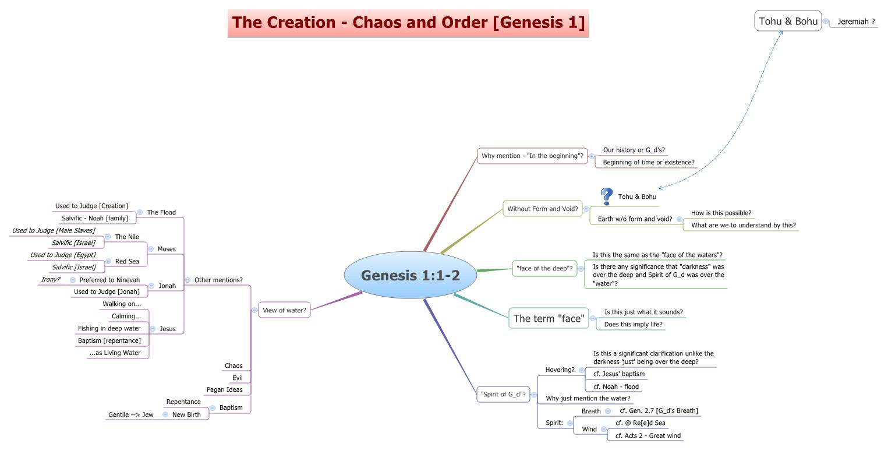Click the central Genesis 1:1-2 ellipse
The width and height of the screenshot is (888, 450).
coord(410,275)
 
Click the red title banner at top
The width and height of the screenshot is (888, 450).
coord(408,23)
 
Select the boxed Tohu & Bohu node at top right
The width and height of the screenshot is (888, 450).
coord(788,22)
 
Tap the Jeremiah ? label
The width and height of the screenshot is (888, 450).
coord(855,22)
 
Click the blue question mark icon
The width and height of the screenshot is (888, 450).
coord(607,196)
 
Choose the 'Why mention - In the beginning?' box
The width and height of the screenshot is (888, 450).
coord(532,156)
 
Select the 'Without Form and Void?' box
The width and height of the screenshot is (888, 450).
coord(542,209)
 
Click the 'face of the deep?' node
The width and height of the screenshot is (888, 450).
coord(544,269)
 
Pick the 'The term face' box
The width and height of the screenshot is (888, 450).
coord(549,318)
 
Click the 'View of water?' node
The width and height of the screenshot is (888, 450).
coord(284,310)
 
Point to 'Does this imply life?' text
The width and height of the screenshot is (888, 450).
coord(633,324)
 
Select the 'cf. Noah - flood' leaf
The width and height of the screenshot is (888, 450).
coord(616,386)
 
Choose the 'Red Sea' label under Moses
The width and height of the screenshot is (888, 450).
coord(127,261)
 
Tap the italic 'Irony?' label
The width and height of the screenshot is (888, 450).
coord(51,279)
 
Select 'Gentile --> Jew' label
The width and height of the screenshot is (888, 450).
coord(131,414)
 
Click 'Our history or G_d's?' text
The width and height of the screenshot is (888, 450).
coord(634,150)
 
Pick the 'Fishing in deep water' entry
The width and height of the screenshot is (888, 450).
coord(109,328)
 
